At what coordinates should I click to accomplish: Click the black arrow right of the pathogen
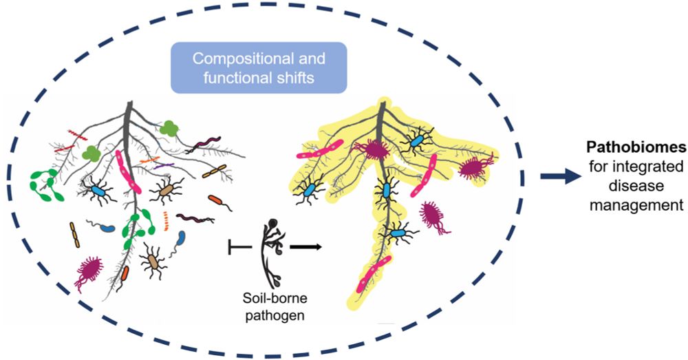pos(305,244)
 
